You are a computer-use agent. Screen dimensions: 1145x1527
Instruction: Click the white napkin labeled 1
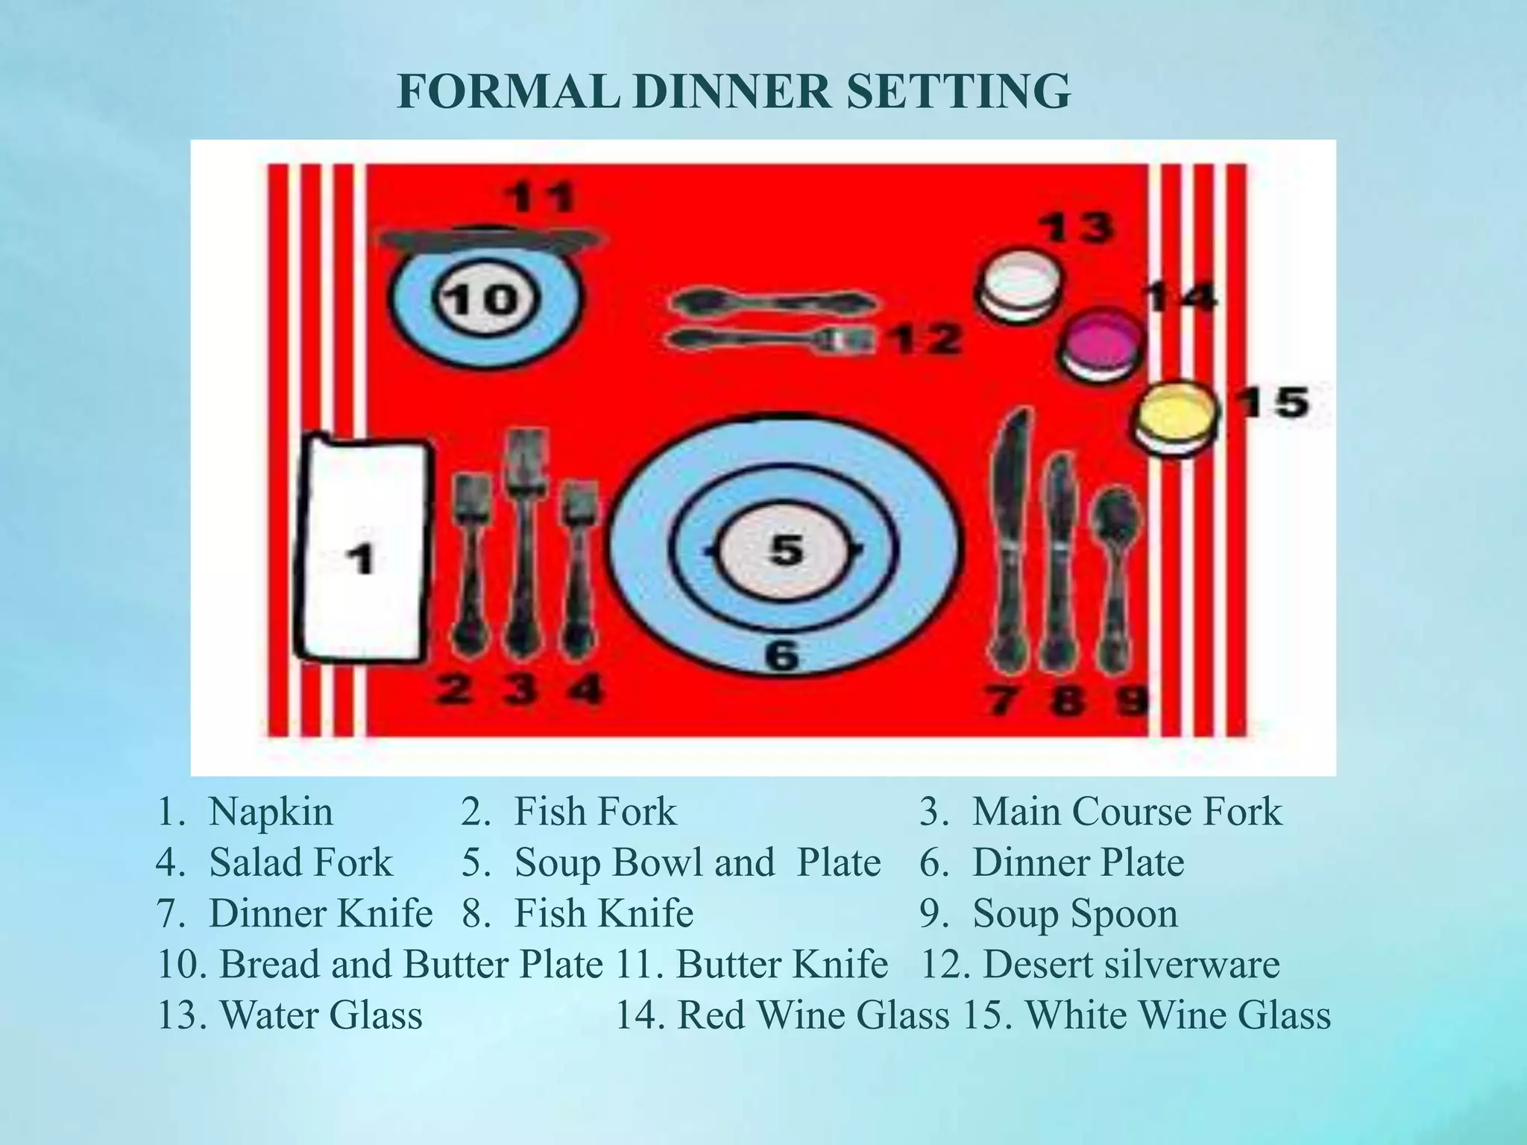(x=363, y=552)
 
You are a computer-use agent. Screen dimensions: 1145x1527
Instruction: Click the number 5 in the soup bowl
(x=785, y=550)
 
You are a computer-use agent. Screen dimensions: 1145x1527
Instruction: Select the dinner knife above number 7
(x=1010, y=537)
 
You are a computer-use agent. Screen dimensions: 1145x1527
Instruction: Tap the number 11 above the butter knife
(x=541, y=198)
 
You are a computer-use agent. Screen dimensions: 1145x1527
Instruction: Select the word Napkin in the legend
(x=271, y=813)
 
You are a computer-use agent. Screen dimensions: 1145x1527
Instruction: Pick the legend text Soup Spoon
(x=1074, y=914)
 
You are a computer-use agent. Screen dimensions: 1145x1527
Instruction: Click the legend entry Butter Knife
(x=781, y=965)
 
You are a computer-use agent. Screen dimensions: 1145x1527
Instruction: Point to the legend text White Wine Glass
(x=1178, y=1015)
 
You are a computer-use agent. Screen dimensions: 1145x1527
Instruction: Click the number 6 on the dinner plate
(x=782, y=656)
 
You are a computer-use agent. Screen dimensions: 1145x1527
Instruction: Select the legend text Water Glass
(x=321, y=1015)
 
